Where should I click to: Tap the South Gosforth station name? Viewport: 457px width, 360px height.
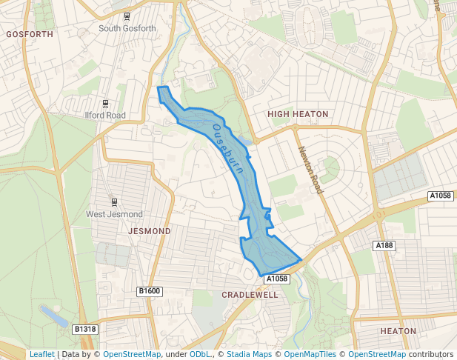pos(127,29)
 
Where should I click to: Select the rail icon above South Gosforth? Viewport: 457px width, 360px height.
pos(127,16)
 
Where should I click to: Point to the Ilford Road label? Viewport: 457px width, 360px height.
pos(105,116)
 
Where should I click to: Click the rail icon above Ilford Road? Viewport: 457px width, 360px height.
pos(105,103)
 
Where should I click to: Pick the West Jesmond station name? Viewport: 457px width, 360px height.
pos(114,215)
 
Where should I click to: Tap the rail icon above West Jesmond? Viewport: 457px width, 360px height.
pos(114,202)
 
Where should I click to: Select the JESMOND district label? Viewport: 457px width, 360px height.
pos(150,231)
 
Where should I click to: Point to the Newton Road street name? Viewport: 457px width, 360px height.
pos(311,170)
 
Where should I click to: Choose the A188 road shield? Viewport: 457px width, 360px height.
pos(384,245)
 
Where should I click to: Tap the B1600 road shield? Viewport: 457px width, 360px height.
pos(150,292)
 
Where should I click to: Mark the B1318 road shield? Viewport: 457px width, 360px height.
pos(85,329)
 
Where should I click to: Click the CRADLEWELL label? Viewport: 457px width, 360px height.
pos(250,295)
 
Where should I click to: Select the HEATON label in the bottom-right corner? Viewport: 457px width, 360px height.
pos(398,331)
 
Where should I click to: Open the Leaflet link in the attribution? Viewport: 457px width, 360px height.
pos(41,355)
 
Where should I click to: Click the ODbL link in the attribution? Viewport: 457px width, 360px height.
pos(200,355)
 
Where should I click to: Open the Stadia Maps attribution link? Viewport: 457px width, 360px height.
pos(249,355)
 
